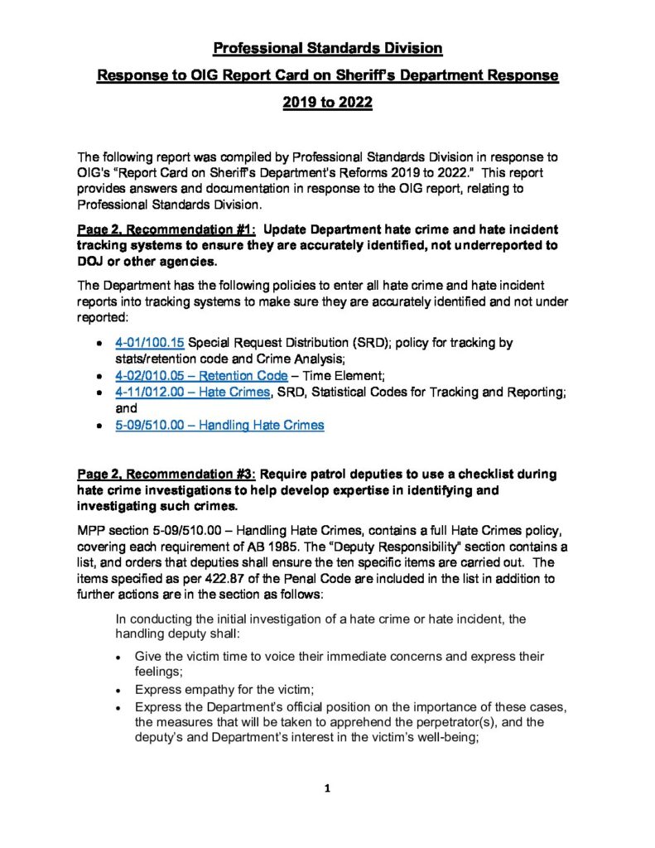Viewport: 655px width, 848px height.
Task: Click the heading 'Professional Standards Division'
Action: (327, 47)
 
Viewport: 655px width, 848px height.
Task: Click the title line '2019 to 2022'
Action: (327, 104)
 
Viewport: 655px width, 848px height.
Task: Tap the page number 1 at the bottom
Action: (327, 788)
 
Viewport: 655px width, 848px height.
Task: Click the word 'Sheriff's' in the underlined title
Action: (354, 75)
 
